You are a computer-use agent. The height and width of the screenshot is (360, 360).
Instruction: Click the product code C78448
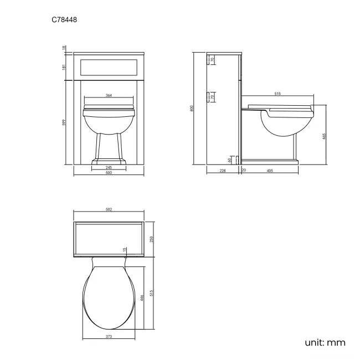pyautogui.click(x=64, y=19)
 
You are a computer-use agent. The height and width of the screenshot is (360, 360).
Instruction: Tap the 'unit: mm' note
pyautogui.click(x=325, y=342)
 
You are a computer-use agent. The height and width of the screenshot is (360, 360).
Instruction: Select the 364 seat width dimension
pyautogui.click(x=109, y=96)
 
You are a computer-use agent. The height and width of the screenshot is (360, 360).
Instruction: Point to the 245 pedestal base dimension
pyautogui.click(x=109, y=167)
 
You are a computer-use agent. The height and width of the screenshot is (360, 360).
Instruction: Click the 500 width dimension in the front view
pyautogui.click(x=109, y=173)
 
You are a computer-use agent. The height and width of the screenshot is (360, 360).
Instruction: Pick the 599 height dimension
pyautogui.click(x=64, y=122)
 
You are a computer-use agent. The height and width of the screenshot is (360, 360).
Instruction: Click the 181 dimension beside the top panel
pyautogui.click(x=64, y=67)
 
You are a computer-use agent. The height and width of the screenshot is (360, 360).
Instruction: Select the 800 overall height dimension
pyautogui.click(x=192, y=109)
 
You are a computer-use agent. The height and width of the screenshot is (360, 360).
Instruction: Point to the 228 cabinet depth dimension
pyautogui.click(x=223, y=171)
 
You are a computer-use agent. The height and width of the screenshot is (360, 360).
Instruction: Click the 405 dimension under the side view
pyautogui.click(x=270, y=171)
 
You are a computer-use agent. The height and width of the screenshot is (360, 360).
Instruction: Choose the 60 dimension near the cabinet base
pyautogui.click(x=230, y=160)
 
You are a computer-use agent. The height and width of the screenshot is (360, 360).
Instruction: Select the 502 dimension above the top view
pyautogui.click(x=109, y=209)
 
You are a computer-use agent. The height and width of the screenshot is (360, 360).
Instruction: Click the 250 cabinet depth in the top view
pyautogui.click(x=151, y=239)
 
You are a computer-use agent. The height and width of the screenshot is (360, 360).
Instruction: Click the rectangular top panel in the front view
pyautogui.click(x=109, y=67)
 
